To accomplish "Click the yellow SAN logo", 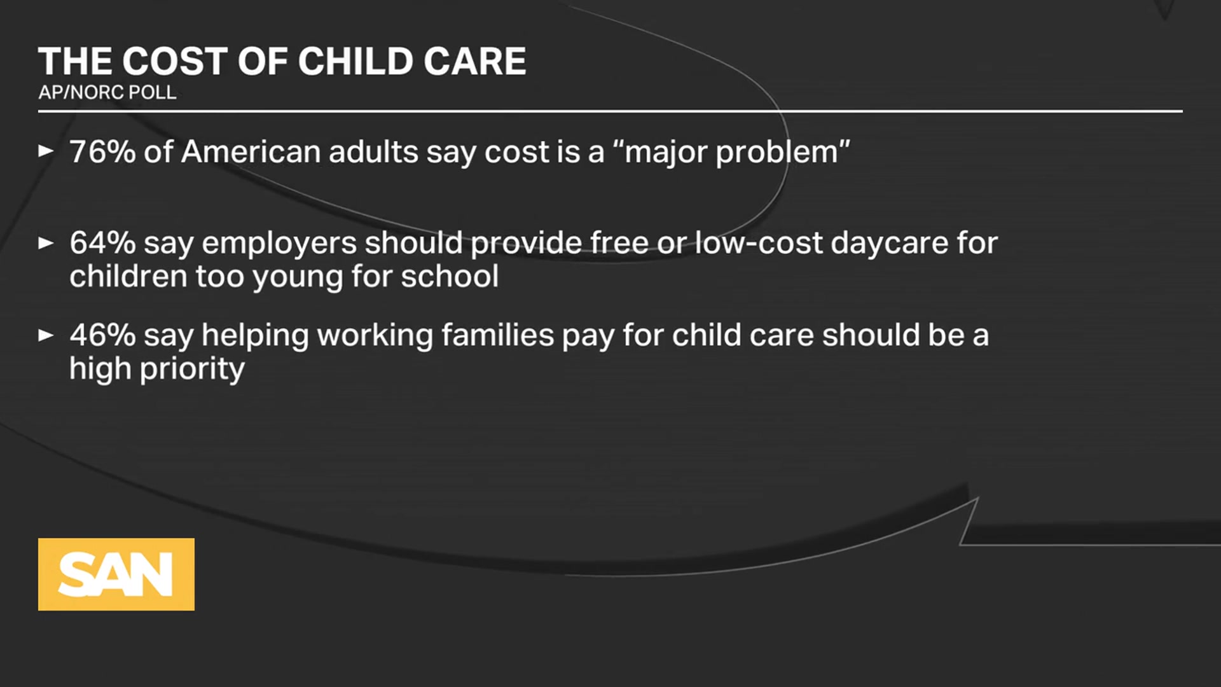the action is coord(116,574).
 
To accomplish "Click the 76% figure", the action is coord(102,152).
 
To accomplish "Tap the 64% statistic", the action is coord(102,243).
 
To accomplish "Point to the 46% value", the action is coord(102,335).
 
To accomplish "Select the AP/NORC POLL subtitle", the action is coord(107,92).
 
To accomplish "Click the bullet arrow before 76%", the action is coord(46,151).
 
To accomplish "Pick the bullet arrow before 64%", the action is coord(46,242).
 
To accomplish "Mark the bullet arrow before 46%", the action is coord(46,335).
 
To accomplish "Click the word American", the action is coord(251,152).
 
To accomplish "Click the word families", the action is coord(497,335).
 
